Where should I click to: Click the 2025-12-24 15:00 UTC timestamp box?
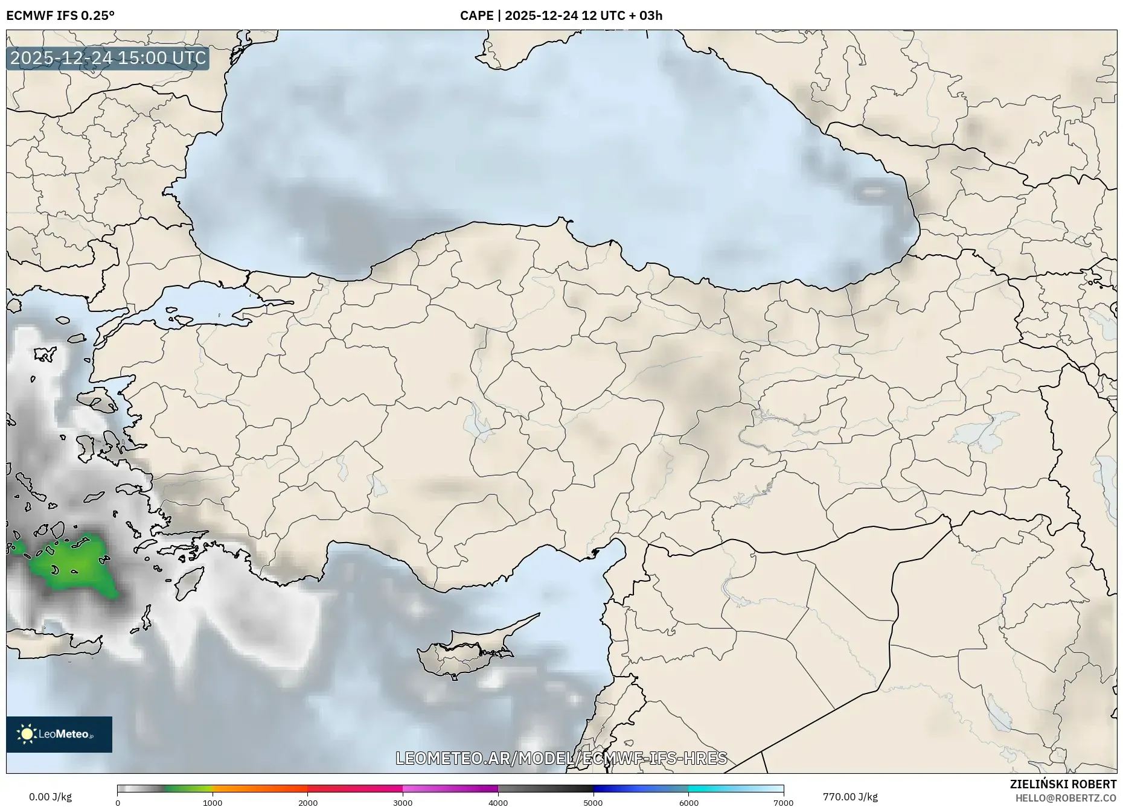click(x=108, y=58)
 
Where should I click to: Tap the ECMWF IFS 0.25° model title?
click(x=60, y=16)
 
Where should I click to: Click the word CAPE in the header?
click(x=476, y=16)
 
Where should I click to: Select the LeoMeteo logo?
click(x=59, y=734)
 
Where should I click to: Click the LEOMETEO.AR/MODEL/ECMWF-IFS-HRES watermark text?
click(x=561, y=758)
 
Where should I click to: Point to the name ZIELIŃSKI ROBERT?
click(x=1063, y=784)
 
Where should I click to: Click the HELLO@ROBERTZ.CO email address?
click(x=1065, y=798)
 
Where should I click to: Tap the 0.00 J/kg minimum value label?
click(x=50, y=797)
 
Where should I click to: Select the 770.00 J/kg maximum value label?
click(x=850, y=797)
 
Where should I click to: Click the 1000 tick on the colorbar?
click(x=213, y=802)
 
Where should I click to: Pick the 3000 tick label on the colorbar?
click(x=403, y=802)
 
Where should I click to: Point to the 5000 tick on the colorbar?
click(x=593, y=802)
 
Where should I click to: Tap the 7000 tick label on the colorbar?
click(x=783, y=802)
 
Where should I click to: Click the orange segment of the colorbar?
click(x=260, y=788)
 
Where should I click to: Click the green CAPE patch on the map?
click(x=75, y=564)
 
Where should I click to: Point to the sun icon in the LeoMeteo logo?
click(x=27, y=734)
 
